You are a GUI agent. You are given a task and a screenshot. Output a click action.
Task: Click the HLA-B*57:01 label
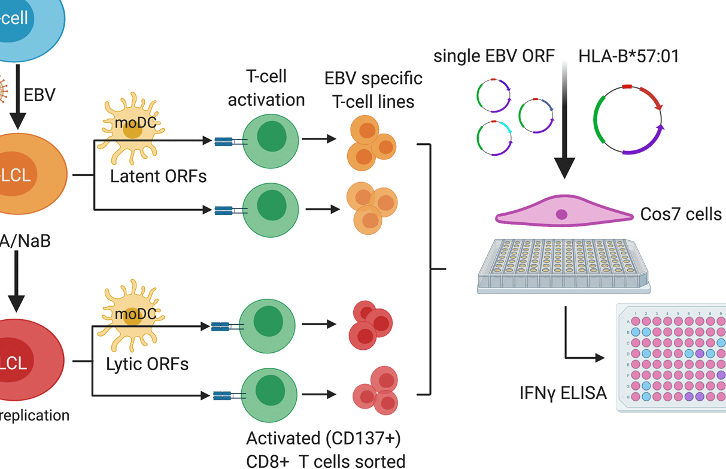[628, 57]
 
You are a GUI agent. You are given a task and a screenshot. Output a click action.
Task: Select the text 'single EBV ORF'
[494, 57]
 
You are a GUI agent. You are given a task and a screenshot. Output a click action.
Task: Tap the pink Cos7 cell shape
[561, 214]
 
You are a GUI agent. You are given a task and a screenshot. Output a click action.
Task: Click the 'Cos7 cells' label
[681, 214]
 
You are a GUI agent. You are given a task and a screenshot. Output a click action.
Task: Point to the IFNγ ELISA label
[563, 393]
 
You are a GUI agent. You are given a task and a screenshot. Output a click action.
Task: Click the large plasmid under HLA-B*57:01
[628, 120]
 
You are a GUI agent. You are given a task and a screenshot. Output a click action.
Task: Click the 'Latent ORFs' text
[159, 176]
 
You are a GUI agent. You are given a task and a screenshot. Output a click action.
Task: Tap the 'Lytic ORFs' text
[147, 364]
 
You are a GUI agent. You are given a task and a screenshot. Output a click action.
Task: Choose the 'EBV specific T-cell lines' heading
[373, 90]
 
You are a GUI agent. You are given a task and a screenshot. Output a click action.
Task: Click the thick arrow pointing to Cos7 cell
[564, 120]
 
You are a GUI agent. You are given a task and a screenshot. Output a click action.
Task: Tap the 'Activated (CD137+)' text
[324, 438]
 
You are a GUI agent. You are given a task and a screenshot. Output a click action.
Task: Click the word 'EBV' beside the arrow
[40, 95]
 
